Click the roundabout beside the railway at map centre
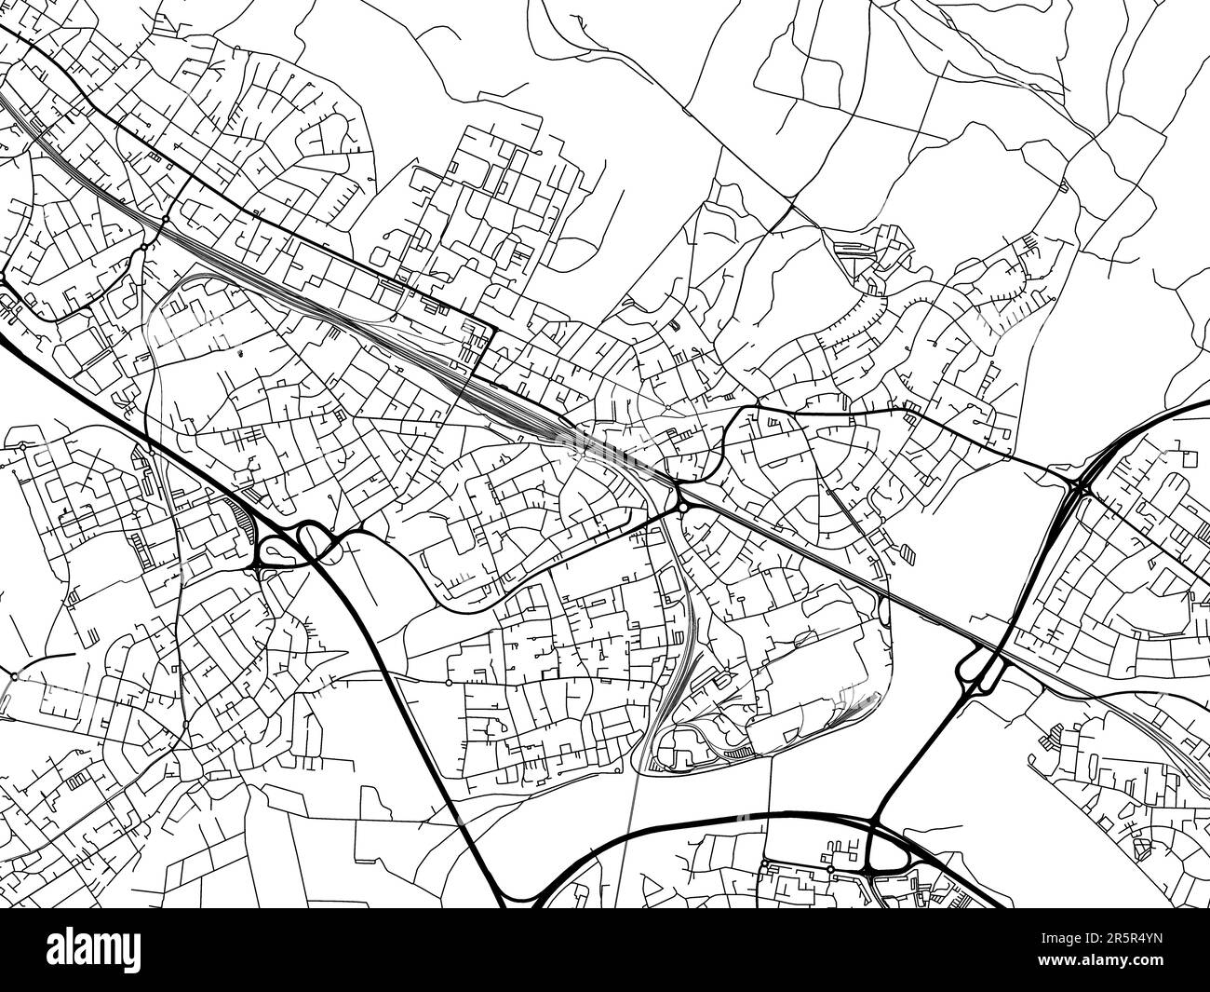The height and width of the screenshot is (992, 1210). pyautogui.click(x=682, y=507)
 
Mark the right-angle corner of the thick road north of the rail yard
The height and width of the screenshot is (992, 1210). pyautogui.click(x=491, y=327)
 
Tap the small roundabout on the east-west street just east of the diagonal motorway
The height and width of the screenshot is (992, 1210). pyautogui.click(x=449, y=682)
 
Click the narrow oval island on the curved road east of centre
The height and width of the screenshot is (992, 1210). pyautogui.click(x=882, y=610)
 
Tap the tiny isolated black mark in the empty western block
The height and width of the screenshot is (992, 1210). pyautogui.click(x=240, y=353)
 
